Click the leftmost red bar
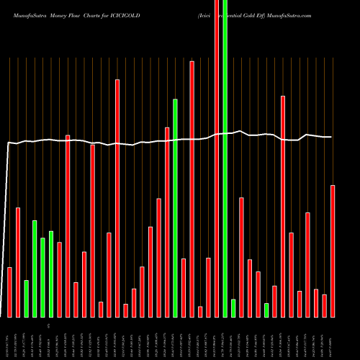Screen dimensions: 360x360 coord(10,292)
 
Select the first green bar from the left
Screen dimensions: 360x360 coord(27,298)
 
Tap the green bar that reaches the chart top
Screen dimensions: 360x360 coord(225,158)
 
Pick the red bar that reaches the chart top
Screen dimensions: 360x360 coord(217,158)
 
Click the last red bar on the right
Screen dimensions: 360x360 coord(333,251)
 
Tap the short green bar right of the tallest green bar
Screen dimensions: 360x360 coord(233,307)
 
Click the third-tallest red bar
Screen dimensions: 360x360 coord(117,198)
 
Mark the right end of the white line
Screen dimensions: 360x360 coord(331,137)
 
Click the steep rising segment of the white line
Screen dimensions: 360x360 coord(6,230)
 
